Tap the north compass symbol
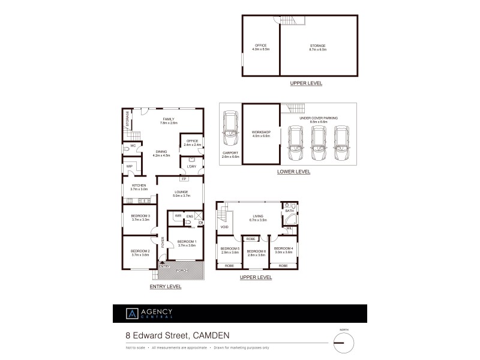pyautogui.click(x=343, y=343)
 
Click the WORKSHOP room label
pyautogui.click(x=261, y=132)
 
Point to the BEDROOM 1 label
pyautogui.click(x=187, y=241)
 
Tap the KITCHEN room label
pyautogui.click(x=139, y=185)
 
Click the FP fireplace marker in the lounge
pyautogui.click(x=183, y=179)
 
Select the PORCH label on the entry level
pyautogui.click(x=182, y=271)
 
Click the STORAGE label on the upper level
pyautogui.click(x=317, y=45)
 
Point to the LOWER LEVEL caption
pyautogui.click(x=293, y=172)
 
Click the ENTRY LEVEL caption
pyautogui.click(x=165, y=287)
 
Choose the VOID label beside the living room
pyautogui.click(x=224, y=227)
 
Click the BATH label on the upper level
pyautogui.click(x=290, y=211)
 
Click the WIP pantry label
pyautogui.click(x=129, y=166)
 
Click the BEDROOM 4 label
pyautogui.click(x=283, y=248)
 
